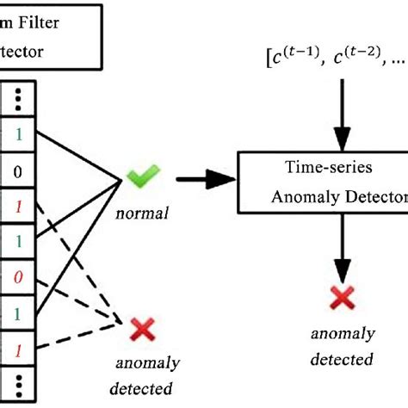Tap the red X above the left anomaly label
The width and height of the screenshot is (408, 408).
click(140, 330)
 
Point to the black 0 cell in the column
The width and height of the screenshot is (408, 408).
click(17, 172)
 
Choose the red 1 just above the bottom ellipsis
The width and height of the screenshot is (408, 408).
click(17, 352)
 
